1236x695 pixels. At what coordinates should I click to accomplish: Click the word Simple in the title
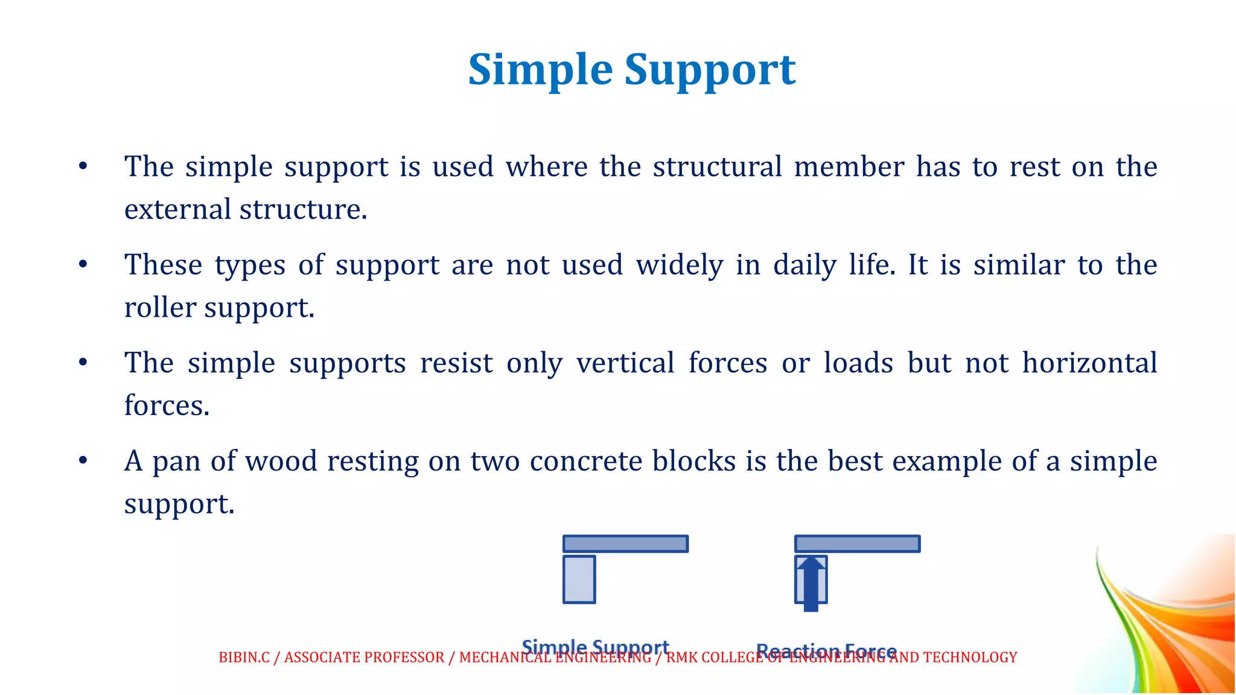tap(540, 71)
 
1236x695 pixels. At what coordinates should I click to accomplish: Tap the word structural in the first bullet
tap(717, 167)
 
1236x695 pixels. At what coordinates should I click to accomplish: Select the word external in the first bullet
tap(177, 209)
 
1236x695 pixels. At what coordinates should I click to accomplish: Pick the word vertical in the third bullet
tap(625, 363)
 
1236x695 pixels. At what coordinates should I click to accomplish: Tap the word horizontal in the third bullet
tap(1089, 363)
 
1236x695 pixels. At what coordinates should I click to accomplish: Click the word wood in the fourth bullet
tap(281, 462)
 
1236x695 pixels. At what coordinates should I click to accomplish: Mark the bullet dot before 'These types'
tap(83, 264)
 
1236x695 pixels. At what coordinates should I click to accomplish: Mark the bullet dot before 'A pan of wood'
tap(83, 461)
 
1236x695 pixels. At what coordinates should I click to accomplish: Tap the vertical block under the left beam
tap(579, 580)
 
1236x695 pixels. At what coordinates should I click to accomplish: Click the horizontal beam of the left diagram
tap(625, 544)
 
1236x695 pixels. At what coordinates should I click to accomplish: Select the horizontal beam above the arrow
tap(857, 544)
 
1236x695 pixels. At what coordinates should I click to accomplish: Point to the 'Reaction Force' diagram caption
tap(826, 649)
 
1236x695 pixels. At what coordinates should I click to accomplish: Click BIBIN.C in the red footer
tap(244, 658)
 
